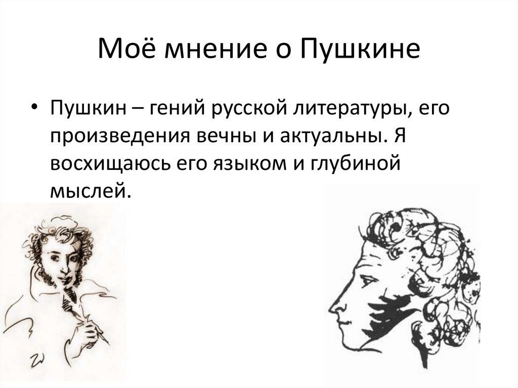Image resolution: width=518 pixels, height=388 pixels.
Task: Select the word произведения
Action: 110,136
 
